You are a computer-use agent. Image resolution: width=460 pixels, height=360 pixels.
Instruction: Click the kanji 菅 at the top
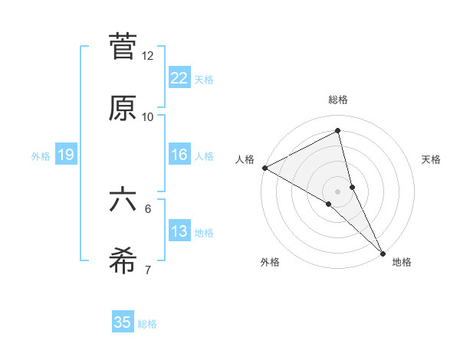tap(123, 47)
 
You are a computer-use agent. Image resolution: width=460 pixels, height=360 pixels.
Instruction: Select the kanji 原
tap(123, 108)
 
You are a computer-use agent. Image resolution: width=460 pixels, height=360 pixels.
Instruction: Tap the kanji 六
tap(123, 200)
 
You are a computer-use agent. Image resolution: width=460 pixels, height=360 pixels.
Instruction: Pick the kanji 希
tap(123, 261)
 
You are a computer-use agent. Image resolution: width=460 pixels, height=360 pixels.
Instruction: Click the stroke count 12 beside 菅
tap(148, 56)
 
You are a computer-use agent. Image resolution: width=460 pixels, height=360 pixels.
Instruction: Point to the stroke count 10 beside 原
tap(148, 117)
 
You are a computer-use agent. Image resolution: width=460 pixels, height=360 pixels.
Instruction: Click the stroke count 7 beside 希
tap(148, 270)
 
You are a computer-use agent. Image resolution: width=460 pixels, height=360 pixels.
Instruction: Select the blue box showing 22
tap(179, 78)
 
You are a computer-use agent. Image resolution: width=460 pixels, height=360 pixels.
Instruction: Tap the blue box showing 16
tap(179, 155)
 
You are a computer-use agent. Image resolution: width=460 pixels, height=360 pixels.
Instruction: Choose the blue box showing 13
tap(179, 231)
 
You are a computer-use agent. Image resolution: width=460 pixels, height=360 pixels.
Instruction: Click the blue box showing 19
tap(65, 155)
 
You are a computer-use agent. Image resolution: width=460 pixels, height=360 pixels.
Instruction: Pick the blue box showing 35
tap(123, 322)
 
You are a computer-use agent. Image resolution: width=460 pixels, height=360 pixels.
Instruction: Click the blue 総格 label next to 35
tap(147, 324)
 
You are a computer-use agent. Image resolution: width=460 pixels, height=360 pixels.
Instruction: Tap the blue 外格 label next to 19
tap(41, 156)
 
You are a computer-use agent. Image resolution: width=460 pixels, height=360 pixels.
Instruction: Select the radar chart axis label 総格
tap(338, 100)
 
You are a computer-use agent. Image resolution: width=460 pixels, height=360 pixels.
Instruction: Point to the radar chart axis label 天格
tap(432, 159)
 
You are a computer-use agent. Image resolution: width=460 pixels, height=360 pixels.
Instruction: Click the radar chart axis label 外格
tap(270, 263)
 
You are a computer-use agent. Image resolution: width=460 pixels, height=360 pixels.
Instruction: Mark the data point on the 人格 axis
tap(264, 168)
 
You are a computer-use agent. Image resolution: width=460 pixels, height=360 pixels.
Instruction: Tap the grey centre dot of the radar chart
tap(338, 191)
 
